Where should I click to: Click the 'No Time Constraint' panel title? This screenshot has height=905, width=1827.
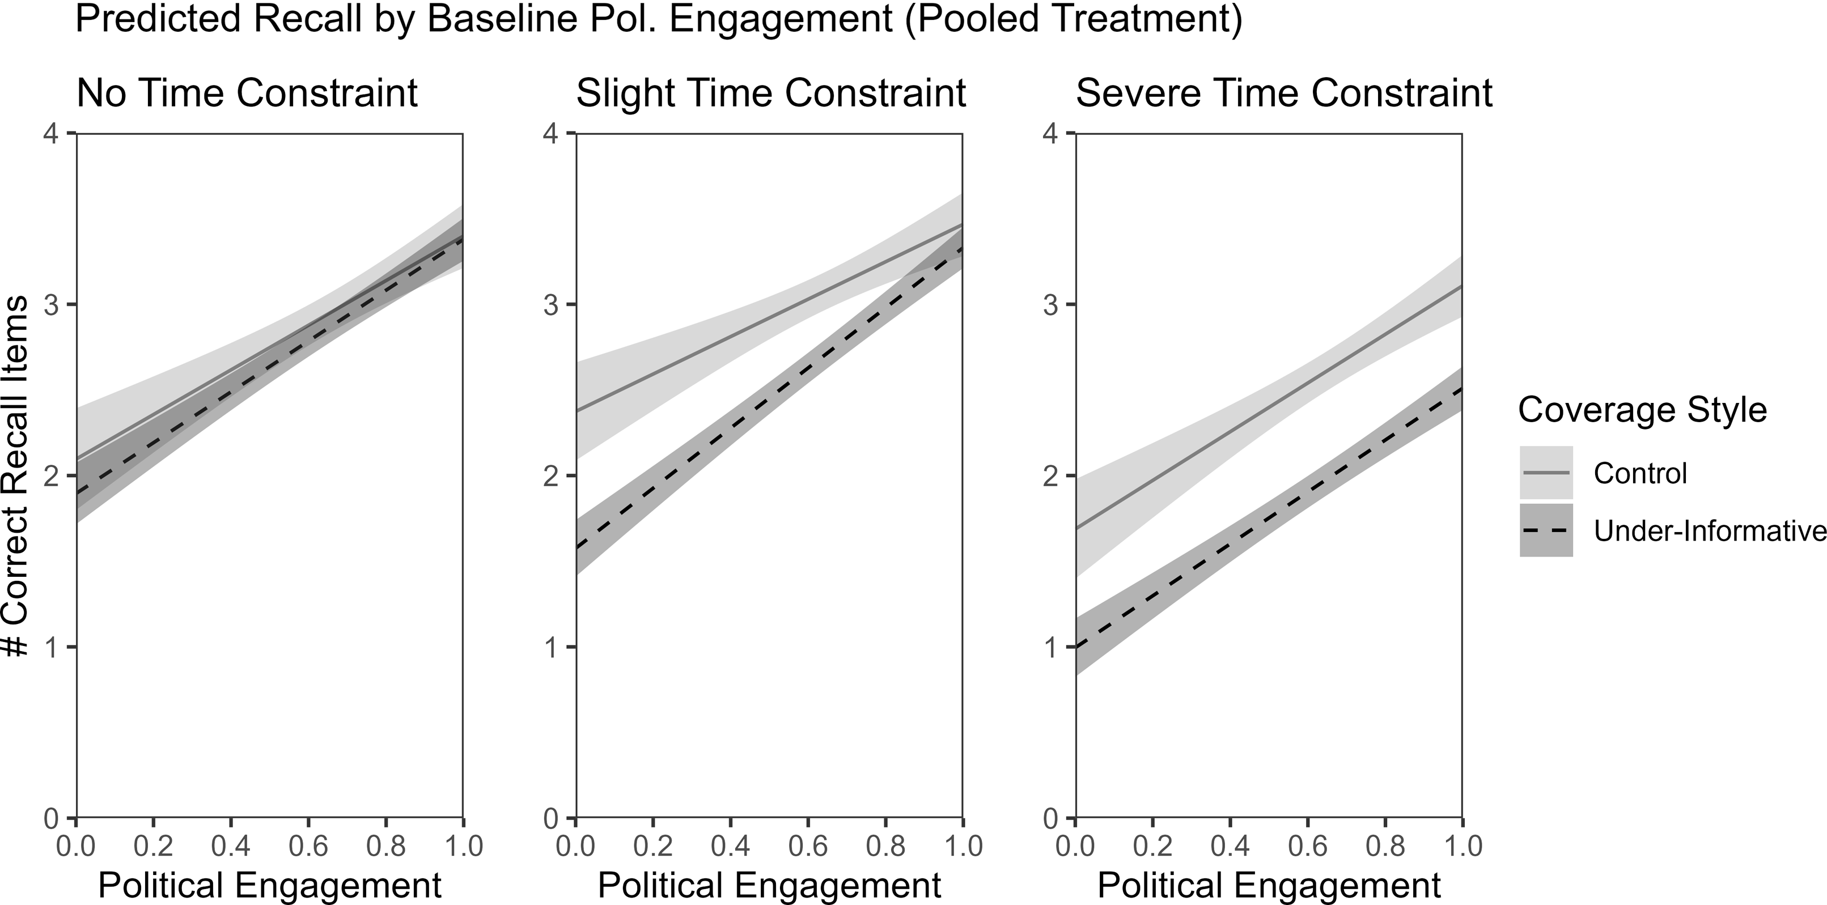tap(247, 93)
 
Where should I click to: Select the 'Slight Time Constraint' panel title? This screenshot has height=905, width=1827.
tap(771, 93)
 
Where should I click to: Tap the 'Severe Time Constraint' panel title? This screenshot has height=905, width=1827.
tap(1284, 93)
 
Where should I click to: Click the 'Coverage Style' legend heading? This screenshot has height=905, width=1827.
tap(1642, 410)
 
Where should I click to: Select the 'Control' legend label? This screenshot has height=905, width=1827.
tap(1640, 473)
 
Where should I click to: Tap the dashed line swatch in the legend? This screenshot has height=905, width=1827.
tap(1546, 530)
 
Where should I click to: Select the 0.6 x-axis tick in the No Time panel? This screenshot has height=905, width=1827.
tap(308, 847)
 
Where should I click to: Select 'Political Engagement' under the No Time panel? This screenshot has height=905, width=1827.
tap(269, 885)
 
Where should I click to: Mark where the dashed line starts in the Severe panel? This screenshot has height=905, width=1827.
tap(1076, 647)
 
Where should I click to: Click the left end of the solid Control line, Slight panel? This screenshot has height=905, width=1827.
tap(576, 410)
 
